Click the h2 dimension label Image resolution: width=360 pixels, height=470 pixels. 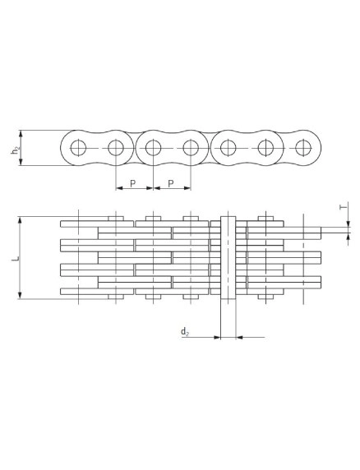(14, 151)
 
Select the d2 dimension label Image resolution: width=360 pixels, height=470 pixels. (185, 332)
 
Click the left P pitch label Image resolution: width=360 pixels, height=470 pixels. (132, 183)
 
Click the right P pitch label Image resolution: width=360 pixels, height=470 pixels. (171, 183)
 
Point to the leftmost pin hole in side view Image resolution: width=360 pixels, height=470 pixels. (78, 148)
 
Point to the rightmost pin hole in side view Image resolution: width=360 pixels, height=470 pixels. (302, 148)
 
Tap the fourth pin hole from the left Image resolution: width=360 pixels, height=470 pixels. (191, 148)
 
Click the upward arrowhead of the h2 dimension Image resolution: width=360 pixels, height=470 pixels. (21, 134)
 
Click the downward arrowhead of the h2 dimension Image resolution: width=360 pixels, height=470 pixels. (21, 162)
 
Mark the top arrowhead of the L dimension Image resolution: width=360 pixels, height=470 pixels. (20, 220)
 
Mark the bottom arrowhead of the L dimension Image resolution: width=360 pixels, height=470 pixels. (20, 295)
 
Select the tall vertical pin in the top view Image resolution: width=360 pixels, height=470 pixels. (228, 257)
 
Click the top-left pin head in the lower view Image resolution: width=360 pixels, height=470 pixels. (116, 219)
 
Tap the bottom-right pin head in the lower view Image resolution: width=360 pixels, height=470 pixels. (265, 297)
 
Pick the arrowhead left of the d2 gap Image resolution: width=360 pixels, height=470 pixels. (217, 338)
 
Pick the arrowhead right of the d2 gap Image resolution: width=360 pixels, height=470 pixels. (239, 338)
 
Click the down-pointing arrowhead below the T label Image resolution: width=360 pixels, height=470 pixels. (348, 223)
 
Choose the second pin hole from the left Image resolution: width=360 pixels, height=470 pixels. (116, 148)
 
